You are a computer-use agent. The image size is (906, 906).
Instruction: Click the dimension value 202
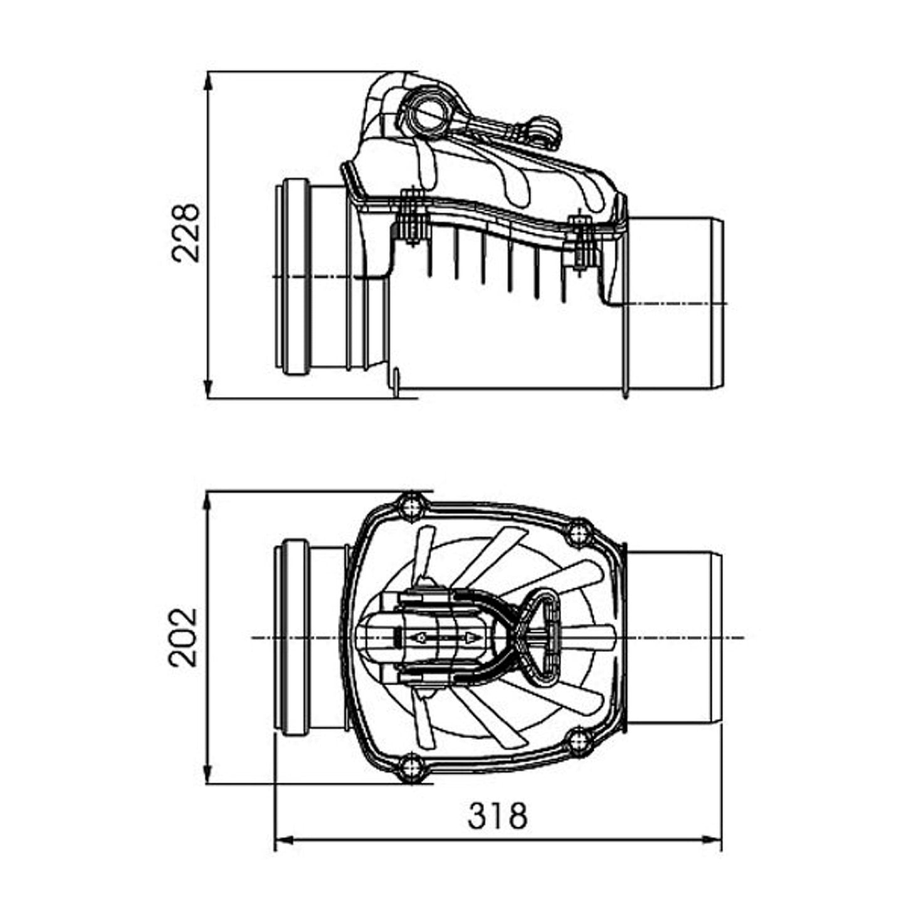(183, 638)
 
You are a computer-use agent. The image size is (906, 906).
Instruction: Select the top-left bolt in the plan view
(413, 506)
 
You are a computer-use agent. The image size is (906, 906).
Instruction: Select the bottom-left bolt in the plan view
(412, 770)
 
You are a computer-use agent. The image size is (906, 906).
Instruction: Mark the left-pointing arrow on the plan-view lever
(418, 638)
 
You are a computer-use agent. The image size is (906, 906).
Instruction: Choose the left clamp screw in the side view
(413, 218)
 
